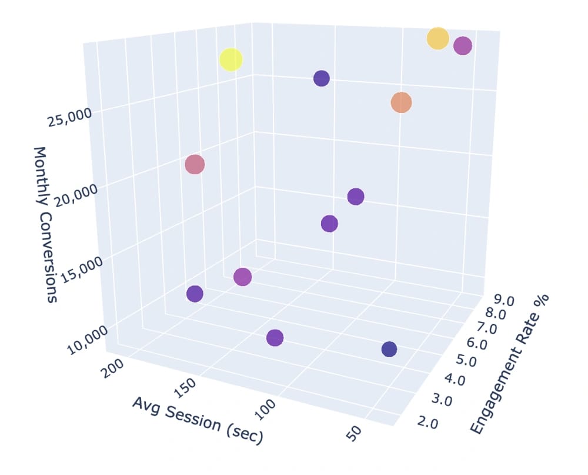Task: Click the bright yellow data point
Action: [231, 59]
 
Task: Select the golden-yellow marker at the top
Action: [437, 39]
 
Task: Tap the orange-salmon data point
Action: [401, 102]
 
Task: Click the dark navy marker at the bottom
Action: [389, 349]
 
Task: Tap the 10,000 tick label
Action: [88, 341]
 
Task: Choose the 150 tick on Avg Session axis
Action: [189, 391]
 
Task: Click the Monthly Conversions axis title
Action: [45, 224]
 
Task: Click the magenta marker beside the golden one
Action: [463, 45]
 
